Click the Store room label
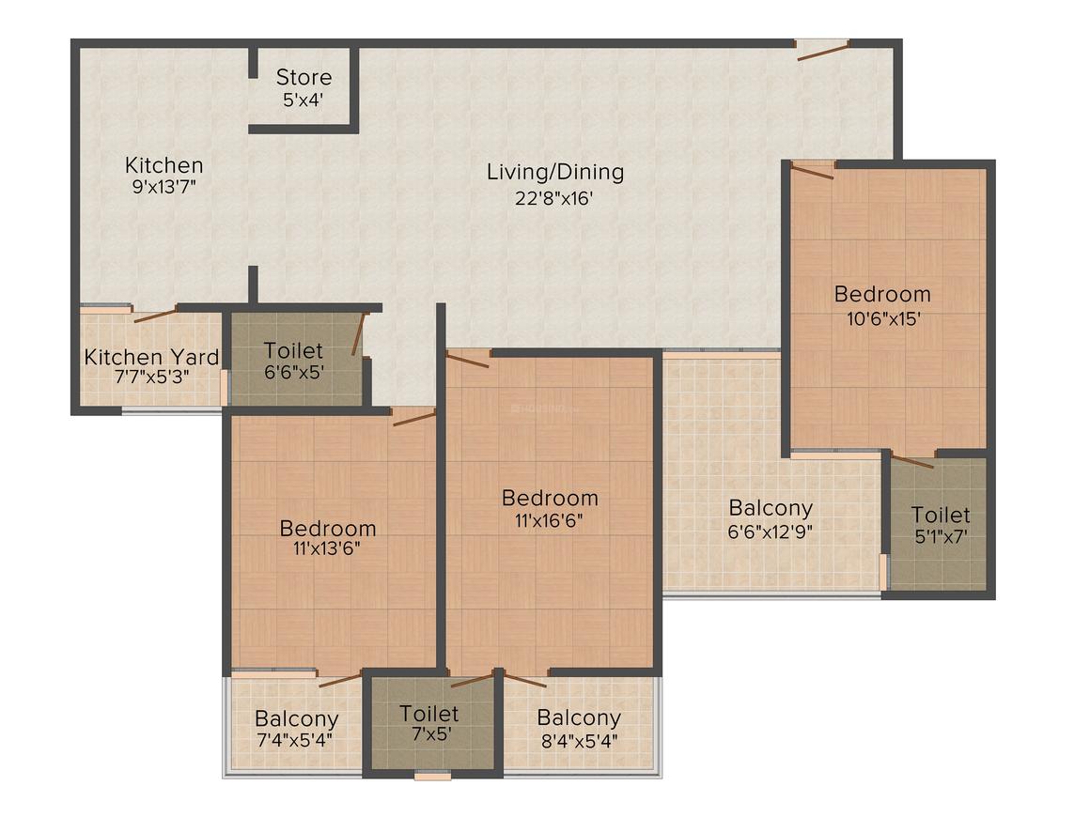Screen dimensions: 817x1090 (304, 77)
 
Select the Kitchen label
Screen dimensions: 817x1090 (164, 165)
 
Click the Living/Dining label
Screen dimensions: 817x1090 (555, 172)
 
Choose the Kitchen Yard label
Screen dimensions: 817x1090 (151, 357)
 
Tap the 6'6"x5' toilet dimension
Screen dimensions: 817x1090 (294, 372)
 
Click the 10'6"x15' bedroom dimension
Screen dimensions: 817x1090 (881, 317)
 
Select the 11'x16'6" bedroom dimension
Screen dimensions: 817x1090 (550, 521)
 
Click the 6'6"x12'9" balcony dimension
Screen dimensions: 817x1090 (771, 530)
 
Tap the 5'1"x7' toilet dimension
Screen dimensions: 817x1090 (941, 537)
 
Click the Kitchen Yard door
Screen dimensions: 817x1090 (155, 315)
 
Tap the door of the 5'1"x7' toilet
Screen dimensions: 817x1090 (912, 461)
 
